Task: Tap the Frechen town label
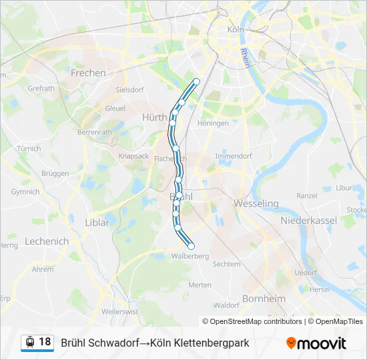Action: pyautogui.click(x=88, y=73)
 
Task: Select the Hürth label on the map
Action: pyautogui.click(x=154, y=117)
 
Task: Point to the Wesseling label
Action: pyautogui.click(x=256, y=203)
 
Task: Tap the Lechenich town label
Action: pyautogui.click(x=47, y=241)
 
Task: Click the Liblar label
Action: pyautogui.click(x=97, y=222)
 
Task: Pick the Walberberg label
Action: pyautogui.click(x=190, y=256)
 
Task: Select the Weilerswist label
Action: pyautogui.click(x=120, y=311)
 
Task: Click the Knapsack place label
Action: pyautogui.click(x=133, y=155)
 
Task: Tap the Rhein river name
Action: pyautogui.click(x=246, y=57)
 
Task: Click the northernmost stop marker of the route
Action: pyautogui.click(x=196, y=81)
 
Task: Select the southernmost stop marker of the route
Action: pyautogui.click(x=192, y=247)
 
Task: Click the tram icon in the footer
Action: pyautogui.click(x=29, y=343)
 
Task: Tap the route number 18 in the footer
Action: pyautogui.click(x=45, y=342)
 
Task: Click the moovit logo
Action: pyautogui.click(x=316, y=343)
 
